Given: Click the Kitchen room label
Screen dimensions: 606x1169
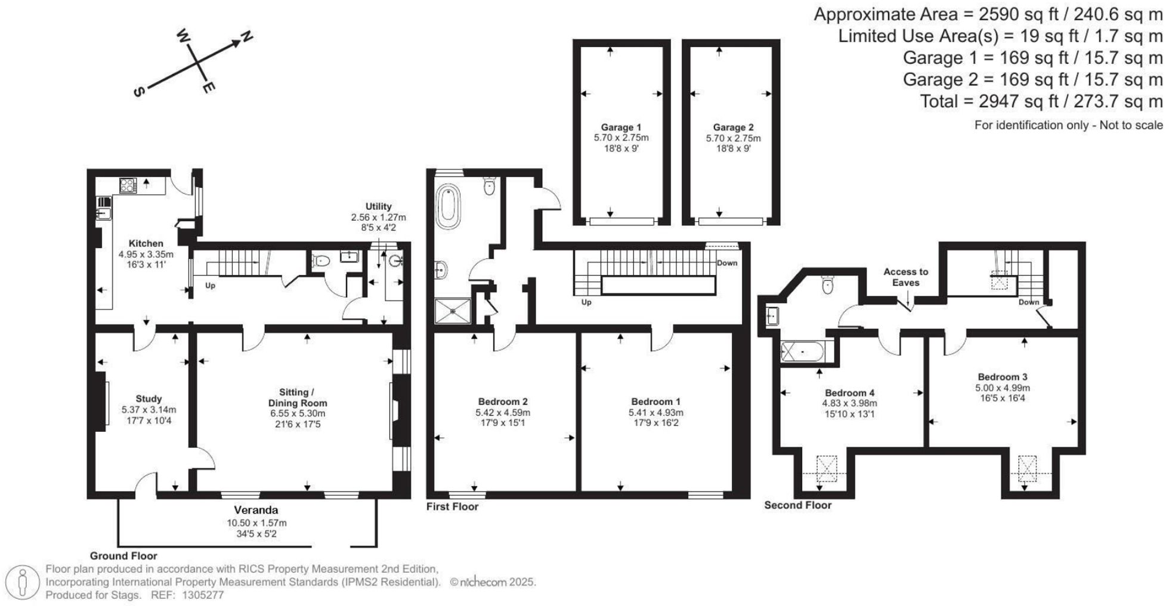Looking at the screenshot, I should (x=146, y=243).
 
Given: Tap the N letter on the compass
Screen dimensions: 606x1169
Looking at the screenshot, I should (x=246, y=38).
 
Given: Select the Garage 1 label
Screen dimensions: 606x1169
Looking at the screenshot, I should (x=621, y=127).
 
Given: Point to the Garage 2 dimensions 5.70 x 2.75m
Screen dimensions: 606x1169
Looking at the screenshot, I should (x=733, y=138).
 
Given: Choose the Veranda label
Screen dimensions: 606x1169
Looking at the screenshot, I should (x=256, y=510).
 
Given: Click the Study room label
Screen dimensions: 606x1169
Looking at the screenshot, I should (x=149, y=398).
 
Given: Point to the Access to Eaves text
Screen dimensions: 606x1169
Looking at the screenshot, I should (x=905, y=277).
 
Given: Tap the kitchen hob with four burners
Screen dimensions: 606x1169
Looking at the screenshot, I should (x=128, y=185).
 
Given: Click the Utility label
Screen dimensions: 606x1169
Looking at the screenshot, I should (x=378, y=206).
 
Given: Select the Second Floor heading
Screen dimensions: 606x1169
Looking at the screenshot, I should (x=797, y=505).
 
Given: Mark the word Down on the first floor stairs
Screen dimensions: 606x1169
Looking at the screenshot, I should (x=726, y=263).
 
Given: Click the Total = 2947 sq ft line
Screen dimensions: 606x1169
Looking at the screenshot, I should (x=1041, y=101).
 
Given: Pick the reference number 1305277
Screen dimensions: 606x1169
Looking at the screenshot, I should (x=203, y=595).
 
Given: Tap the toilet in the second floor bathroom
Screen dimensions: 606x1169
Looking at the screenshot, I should (x=827, y=285).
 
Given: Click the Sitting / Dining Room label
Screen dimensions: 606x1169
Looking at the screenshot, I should (x=297, y=397).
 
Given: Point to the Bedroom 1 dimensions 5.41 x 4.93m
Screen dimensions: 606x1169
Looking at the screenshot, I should (x=655, y=412).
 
